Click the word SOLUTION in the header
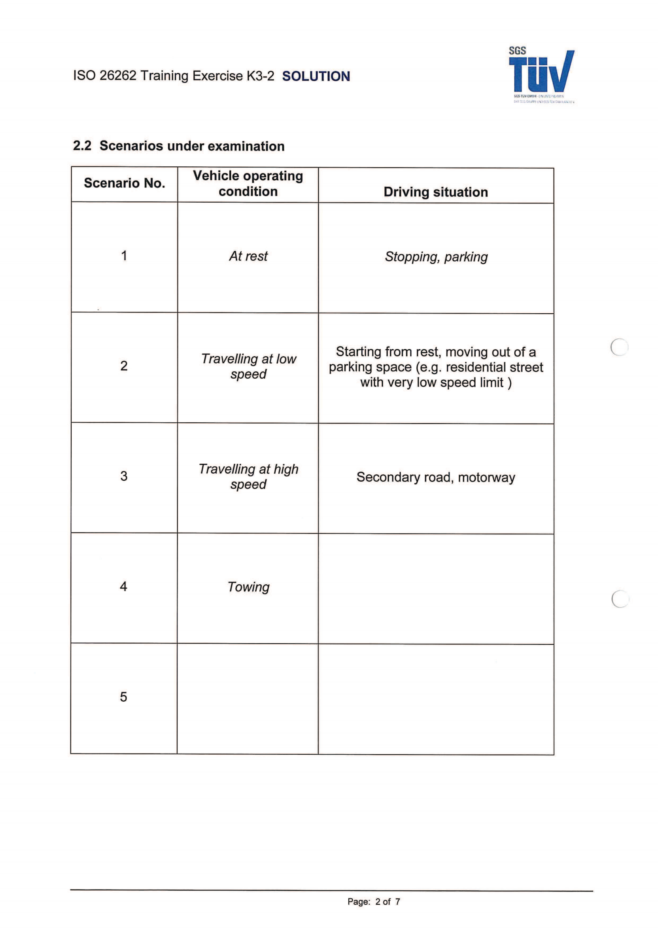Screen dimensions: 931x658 point(316,76)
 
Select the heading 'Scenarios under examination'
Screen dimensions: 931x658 point(192,146)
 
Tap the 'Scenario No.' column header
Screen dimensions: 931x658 point(125,183)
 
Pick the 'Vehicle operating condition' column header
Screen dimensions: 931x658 point(248,183)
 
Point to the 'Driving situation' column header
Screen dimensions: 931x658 point(436,192)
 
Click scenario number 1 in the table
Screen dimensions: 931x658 point(124,256)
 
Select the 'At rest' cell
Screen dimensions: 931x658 point(248,256)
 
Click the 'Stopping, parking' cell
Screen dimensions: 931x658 point(436,257)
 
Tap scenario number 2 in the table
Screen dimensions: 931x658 point(124,366)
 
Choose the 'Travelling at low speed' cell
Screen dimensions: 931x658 point(248,366)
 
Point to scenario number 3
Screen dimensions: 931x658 point(124,476)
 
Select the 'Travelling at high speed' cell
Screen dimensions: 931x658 point(248,476)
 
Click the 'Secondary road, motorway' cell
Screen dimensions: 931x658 point(436,477)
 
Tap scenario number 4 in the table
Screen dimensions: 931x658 point(124,586)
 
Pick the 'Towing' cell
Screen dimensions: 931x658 point(248,587)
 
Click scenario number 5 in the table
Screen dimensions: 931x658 point(124,697)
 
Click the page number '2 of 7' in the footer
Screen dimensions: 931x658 point(388,902)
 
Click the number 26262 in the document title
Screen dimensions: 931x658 point(117,76)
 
